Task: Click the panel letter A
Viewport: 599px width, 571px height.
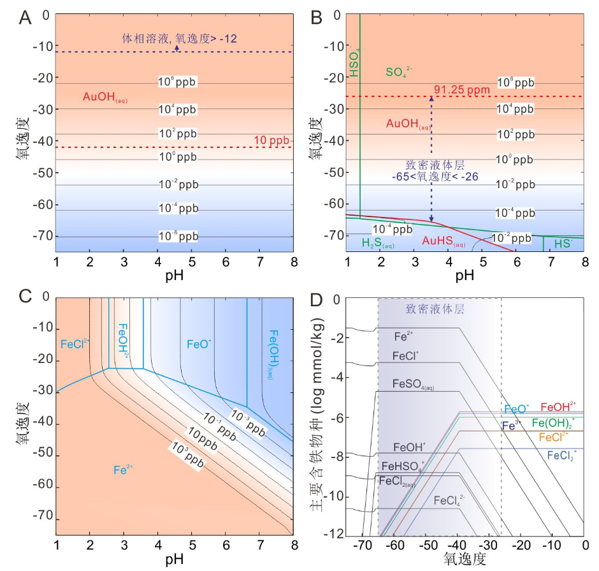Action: click(x=25, y=18)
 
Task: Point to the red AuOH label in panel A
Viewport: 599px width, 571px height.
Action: click(x=106, y=98)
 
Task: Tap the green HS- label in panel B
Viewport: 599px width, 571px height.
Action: click(x=563, y=243)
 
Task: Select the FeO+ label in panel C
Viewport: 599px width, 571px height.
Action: click(x=199, y=344)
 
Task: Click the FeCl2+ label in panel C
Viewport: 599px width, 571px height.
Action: click(x=75, y=344)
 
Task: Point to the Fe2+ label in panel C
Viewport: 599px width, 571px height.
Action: click(x=123, y=470)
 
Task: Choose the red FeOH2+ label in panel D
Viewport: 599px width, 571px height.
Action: click(x=558, y=406)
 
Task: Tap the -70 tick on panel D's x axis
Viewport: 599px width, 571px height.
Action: click(x=362, y=546)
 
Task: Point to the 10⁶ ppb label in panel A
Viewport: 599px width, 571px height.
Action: click(x=178, y=82)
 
